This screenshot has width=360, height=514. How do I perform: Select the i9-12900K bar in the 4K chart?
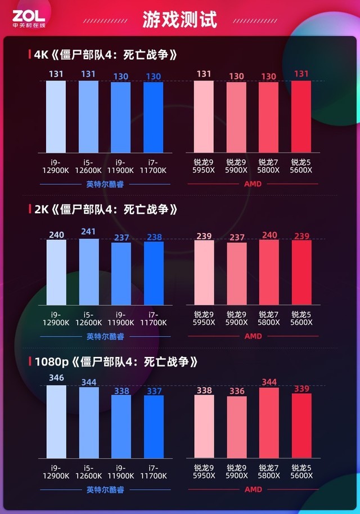(56, 117)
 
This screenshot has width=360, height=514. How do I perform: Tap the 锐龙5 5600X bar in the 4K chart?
(301, 117)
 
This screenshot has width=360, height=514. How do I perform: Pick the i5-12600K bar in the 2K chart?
(89, 272)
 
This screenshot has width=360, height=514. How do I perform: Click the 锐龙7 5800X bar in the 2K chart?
(269, 272)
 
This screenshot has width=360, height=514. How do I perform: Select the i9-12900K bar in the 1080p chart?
(56, 422)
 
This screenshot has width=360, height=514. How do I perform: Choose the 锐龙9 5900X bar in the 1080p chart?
(236, 427)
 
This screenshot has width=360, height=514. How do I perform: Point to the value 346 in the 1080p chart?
(56, 378)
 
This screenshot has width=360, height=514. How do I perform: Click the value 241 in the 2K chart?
(89, 231)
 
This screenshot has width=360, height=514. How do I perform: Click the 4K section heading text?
(106, 55)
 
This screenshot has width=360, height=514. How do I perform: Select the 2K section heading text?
(106, 209)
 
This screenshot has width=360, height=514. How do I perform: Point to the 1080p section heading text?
(115, 361)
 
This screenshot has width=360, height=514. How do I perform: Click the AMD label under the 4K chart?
(253, 184)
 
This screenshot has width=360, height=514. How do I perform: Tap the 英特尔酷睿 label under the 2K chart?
(105, 337)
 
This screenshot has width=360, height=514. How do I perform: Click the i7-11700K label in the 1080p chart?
(154, 472)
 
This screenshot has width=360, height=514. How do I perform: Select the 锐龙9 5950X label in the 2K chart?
(204, 319)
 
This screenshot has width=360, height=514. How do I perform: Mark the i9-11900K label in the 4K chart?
(121, 166)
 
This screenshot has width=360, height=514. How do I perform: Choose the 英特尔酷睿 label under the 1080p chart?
(105, 490)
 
